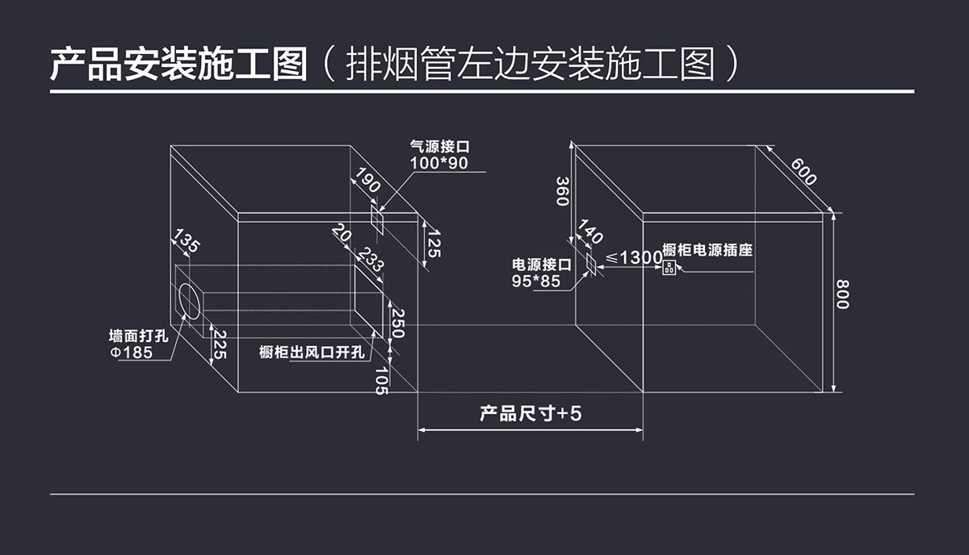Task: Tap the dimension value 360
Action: [x=562, y=190]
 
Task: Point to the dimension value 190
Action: [x=368, y=182]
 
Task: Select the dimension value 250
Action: [x=397, y=323]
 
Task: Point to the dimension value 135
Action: [x=187, y=241]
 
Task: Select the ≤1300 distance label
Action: [x=634, y=257]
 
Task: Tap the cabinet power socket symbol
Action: [x=669, y=268]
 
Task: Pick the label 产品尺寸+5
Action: [x=531, y=415]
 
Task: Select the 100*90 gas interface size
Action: [x=438, y=163]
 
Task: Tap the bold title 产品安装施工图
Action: [x=178, y=64]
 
